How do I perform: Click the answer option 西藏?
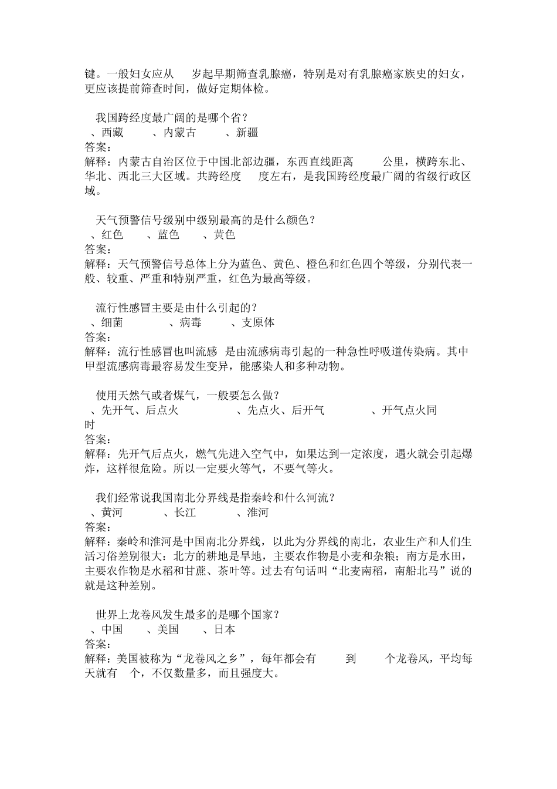click(x=112, y=133)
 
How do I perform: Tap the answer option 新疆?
click(x=247, y=133)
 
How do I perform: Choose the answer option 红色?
click(x=112, y=235)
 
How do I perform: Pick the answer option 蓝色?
click(x=168, y=235)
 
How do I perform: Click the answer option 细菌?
click(x=112, y=322)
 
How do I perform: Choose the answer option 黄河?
click(x=112, y=512)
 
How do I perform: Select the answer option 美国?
click(x=168, y=629)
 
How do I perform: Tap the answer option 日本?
click(x=225, y=629)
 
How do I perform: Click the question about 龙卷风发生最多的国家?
click(x=188, y=615)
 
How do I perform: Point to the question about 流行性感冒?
click(x=176, y=308)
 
